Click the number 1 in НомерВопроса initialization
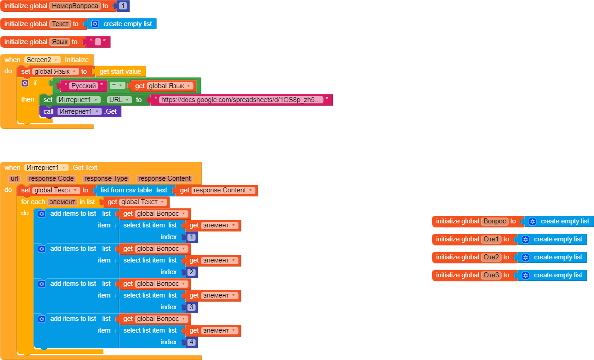(x=123, y=6)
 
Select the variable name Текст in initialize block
(x=60, y=24)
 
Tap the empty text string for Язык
(x=98, y=42)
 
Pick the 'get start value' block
(x=120, y=71)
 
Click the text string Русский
(x=84, y=86)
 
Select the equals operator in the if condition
(x=117, y=86)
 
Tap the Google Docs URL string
(x=241, y=100)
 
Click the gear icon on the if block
(x=25, y=83)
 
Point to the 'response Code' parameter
(x=51, y=178)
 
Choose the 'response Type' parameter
(x=106, y=178)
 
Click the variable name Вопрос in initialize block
(x=495, y=221)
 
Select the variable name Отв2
(x=491, y=257)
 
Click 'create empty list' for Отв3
(x=558, y=275)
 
